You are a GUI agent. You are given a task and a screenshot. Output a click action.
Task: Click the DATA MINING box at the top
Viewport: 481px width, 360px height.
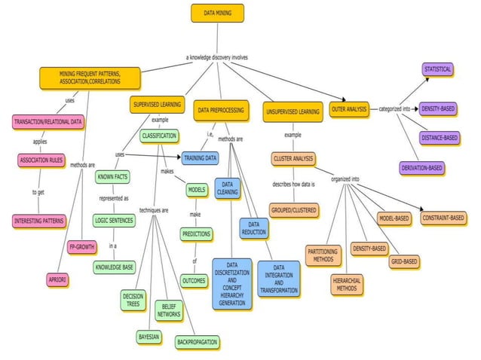tap(217, 13)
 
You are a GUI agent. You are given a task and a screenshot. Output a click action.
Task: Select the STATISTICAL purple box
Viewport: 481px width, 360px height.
tap(437, 69)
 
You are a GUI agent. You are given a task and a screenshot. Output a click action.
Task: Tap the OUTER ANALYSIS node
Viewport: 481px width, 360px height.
tap(349, 110)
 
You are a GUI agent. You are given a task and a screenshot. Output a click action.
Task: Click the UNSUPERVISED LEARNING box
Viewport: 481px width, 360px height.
tap(292, 112)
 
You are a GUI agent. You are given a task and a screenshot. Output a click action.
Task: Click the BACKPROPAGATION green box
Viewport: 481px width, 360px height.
tap(198, 342)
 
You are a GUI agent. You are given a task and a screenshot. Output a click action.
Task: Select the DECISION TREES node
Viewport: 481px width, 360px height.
tap(133, 301)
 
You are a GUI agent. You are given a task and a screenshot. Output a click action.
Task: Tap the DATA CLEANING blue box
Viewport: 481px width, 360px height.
tap(227, 188)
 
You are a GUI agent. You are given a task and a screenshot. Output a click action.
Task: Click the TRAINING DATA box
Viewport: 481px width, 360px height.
tap(200, 158)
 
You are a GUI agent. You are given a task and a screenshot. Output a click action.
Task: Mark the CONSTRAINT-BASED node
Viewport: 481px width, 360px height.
tap(443, 218)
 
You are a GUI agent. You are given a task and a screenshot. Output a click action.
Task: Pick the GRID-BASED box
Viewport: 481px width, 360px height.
tap(404, 261)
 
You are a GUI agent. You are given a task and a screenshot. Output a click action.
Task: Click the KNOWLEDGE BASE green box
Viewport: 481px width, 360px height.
tap(115, 267)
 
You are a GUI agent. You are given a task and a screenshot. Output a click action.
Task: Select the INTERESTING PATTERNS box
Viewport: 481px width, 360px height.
tap(38, 221)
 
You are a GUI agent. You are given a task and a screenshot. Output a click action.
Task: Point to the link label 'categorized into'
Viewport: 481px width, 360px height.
tap(395, 109)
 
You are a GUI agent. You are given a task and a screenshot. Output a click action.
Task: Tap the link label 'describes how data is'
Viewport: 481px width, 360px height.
tap(293, 184)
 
